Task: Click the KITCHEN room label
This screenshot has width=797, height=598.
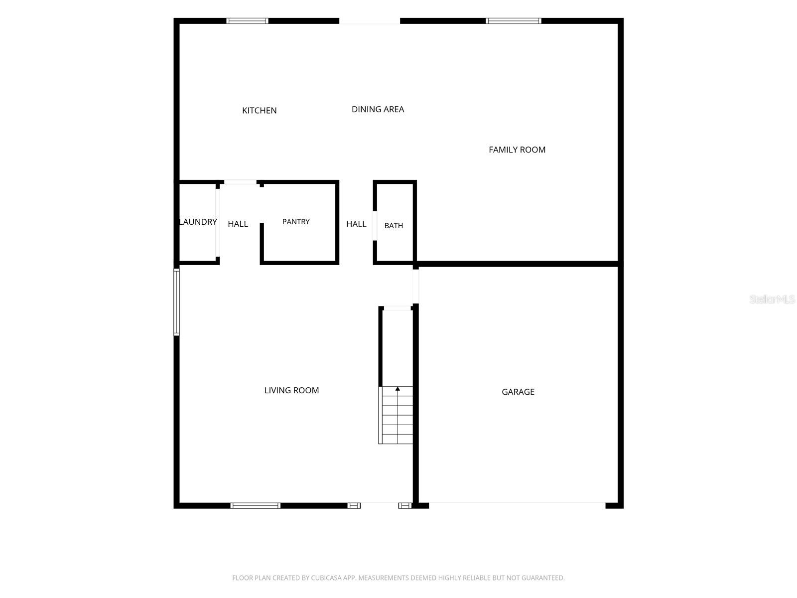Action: coord(259,110)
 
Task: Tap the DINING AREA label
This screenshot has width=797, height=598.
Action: coord(378,109)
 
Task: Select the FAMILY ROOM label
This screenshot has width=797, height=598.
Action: coord(517,149)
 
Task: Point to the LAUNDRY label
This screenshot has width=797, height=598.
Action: coord(198,222)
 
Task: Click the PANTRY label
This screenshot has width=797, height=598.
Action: coord(296,221)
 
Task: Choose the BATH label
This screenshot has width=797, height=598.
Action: coord(394,225)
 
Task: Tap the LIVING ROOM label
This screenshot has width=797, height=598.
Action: coord(291,390)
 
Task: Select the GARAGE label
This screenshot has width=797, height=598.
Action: coord(518,392)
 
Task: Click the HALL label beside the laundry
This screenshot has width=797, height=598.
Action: coord(238,224)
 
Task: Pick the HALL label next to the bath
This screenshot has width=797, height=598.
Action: coord(356,224)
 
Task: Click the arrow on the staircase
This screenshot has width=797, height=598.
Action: coord(398,388)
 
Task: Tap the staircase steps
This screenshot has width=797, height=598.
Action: coord(396,415)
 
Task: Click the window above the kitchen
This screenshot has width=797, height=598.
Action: coord(247,21)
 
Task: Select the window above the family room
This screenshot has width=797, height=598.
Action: coord(514,21)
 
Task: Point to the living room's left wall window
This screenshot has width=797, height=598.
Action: coord(176,302)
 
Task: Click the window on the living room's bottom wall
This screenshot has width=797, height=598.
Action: coord(255,505)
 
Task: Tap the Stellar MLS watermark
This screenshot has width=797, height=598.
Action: coord(772,299)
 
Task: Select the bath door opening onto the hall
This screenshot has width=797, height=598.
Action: coord(375,225)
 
